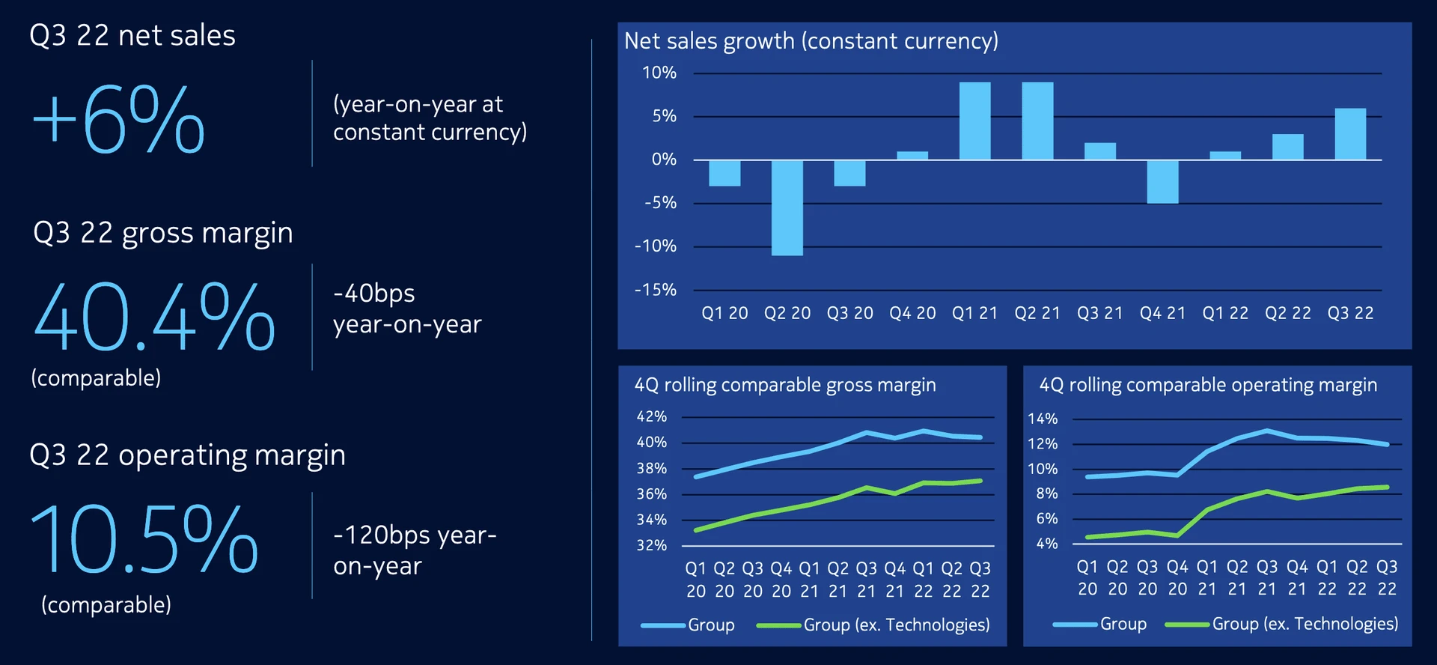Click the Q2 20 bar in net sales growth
[787, 207]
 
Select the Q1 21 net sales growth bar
[974, 121]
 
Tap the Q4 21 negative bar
[1162, 181]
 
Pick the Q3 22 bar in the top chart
[1350, 134]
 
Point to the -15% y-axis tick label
[656, 290]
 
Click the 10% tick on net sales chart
[659, 73]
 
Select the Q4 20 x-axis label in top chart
[912, 313]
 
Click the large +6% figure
[118, 120]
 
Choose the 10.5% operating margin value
[144, 539]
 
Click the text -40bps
[374, 293]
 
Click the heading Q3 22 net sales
[132, 35]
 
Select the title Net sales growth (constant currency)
[811, 40]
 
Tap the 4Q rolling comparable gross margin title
[785, 385]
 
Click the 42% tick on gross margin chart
[651, 416]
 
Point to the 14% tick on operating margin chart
[1043, 419]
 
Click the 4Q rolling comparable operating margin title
[1208, 385]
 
